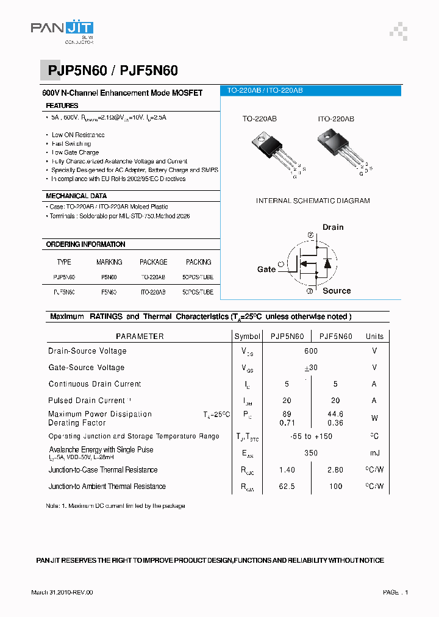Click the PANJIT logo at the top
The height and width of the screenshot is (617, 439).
coord(62,31)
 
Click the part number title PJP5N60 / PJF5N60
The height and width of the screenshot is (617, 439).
coord(113,71)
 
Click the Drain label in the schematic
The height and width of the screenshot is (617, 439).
coord(333,227)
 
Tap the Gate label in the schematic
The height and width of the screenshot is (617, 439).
coord(266,269)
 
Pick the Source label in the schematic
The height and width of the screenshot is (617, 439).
coord(337,291)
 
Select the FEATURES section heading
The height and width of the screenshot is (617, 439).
coord(62,106)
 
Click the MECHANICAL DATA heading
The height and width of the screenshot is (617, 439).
coord(76,196)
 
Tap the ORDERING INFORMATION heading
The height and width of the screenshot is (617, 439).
coord(85,244)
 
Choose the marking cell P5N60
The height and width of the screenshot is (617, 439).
coord(109,277)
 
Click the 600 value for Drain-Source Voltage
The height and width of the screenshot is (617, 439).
coord(311,351)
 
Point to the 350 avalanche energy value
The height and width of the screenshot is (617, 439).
coord(311,453)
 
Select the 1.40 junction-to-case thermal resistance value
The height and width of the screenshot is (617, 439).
coord(287,470)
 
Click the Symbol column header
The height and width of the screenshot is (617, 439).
coord(247,336)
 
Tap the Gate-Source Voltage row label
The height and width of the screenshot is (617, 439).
coord(87,368)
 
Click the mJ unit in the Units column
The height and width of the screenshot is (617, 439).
coord(374,453)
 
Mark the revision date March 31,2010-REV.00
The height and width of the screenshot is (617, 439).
coord(62,592)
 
